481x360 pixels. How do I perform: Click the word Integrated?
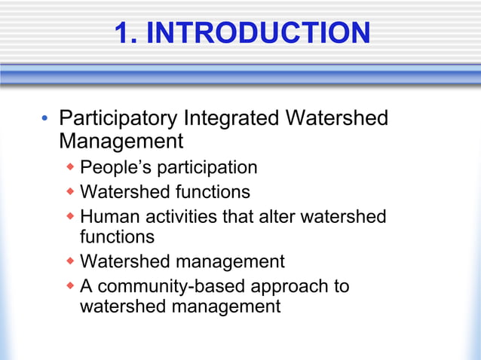pos(227,119)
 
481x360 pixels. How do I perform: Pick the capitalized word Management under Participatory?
pos(121,142)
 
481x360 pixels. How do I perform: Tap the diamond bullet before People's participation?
pos(70,166)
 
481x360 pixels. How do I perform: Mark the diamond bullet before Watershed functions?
pos(70,191)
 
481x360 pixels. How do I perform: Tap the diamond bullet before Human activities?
pos(70,217)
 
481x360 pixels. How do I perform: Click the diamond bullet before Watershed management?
pos(70,261)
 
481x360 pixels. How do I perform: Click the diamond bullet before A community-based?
pos(70,286)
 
